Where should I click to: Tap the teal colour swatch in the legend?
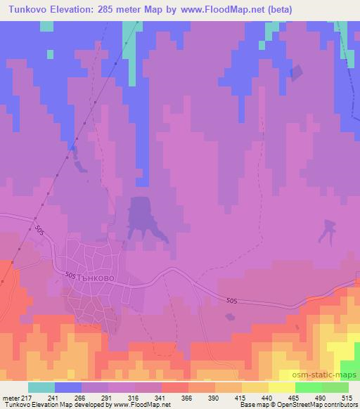point(41,387)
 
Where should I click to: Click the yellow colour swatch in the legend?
point(282,387)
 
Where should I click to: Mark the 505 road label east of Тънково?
point(232,301)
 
